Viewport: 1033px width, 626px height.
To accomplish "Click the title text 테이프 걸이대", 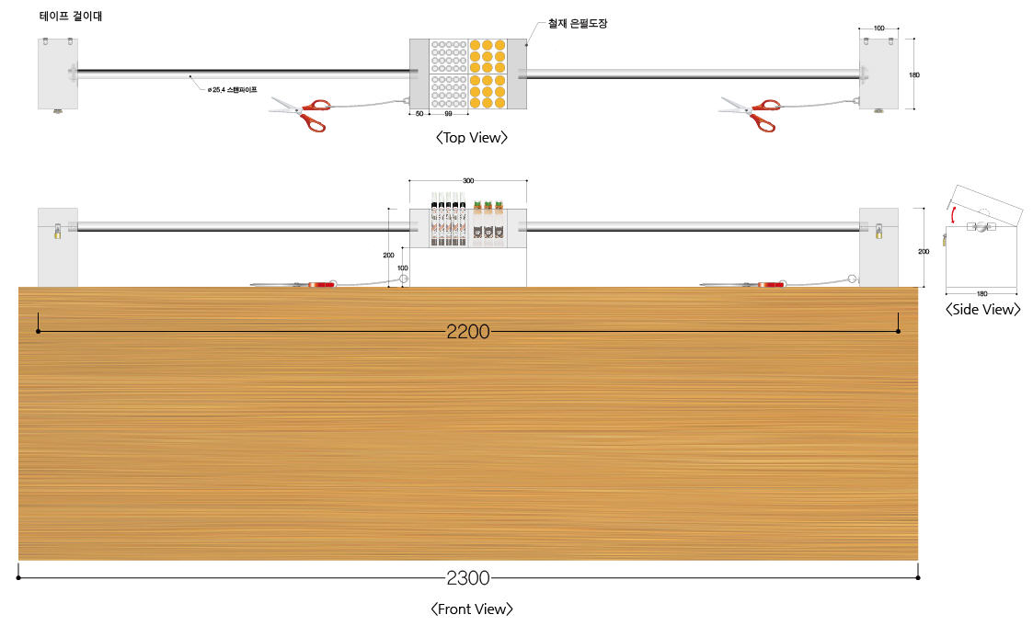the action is point(71,16).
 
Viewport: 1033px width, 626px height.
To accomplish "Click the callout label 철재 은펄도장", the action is point(578,24).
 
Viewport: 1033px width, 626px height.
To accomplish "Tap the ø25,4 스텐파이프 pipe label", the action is point(232,89).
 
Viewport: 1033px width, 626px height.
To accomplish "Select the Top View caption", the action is point(472,138).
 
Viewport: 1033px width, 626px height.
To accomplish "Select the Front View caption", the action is point(472,609).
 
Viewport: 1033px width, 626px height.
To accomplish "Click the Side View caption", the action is point(983,310).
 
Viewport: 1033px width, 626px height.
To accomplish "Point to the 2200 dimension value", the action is point(468,331).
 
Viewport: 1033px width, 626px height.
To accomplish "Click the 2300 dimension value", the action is point(468,578).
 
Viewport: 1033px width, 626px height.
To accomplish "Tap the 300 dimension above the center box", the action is point(468,180).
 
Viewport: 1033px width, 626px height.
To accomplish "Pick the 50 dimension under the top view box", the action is point(419,114).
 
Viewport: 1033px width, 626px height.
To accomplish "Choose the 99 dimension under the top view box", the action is point(448,114).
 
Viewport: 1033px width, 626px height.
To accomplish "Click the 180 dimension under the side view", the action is point(981,293).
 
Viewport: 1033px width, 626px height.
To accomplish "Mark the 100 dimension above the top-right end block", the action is point(878,28).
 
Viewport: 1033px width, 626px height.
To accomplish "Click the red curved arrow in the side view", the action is point(951,214).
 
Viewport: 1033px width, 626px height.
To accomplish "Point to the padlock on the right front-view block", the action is point(878,231).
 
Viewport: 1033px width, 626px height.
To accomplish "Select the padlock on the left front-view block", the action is point(57,231).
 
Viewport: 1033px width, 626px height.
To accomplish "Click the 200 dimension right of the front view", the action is point(924,252).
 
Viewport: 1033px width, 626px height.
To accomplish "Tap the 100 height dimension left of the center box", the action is point(403,267).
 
